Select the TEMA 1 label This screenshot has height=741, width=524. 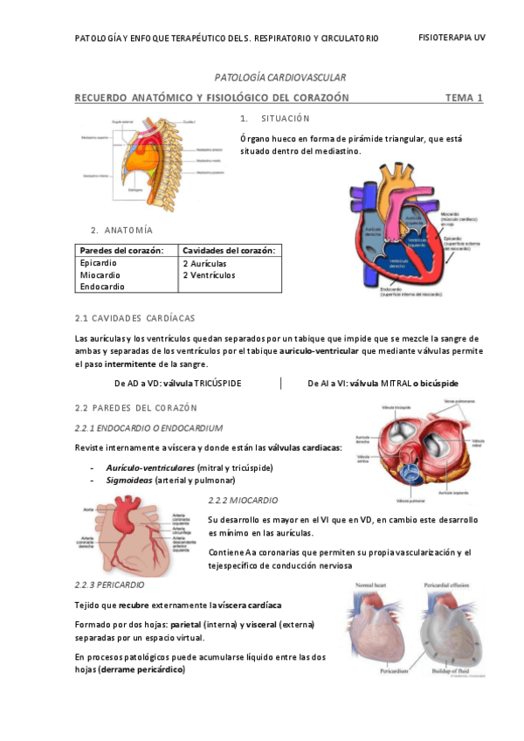(x=464, y=98)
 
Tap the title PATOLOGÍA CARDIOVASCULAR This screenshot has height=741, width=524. (x=280, y=78)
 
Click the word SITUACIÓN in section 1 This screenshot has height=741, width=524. (x=285, y=118)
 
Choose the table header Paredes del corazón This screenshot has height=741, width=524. (x=121, y=251)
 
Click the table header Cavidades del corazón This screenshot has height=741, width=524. (x=229, y=251)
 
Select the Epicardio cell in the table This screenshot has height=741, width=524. (x=98, y=262)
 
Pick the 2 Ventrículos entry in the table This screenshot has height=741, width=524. (x=210, y=275)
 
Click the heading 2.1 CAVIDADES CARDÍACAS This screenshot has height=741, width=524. (x=135, y=317)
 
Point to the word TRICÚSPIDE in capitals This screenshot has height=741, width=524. (x=217, y=384)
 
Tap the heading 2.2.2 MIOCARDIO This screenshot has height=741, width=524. (x=243, y=500)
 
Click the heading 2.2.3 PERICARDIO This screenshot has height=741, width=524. (x=110, y=584)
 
